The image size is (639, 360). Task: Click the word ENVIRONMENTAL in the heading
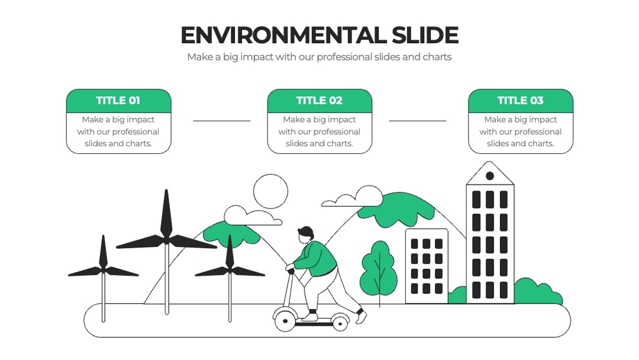click(x=283, y=35)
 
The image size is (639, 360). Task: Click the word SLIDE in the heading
click(x=425, y=35)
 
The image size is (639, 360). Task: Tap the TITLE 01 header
click(x=118, y=100)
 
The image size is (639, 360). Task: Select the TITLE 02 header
click(x=319, y=100)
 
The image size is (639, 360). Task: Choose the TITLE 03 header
click(x=521, y=100)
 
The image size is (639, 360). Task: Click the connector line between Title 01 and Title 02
click(x=222, y=121)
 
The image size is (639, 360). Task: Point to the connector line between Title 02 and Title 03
click(x=417, y=121)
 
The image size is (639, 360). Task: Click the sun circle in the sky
click(x=270, y=191)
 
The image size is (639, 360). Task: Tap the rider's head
click(x=306, y=235)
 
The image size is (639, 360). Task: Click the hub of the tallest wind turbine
click(x=166, y=239)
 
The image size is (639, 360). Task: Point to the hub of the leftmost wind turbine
click(x=104, y=271)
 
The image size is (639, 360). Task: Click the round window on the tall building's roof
click(x=490, y=176)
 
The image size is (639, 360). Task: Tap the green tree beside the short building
click(x=379, y=268)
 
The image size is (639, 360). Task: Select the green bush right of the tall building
click(x=537, y=291)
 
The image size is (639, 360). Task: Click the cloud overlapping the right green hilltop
click(x=353, y=197)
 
